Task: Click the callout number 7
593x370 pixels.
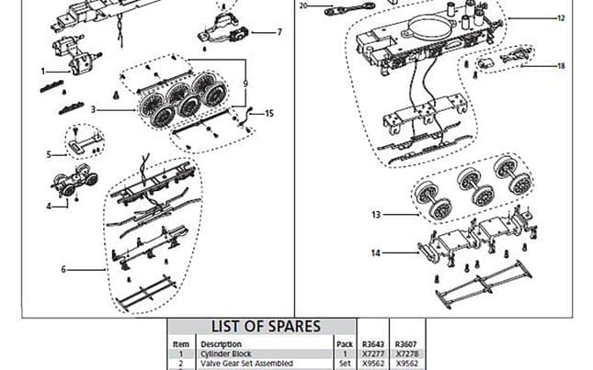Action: point(279,32)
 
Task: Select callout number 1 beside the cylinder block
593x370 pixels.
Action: point(42,71)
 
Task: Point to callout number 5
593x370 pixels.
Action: point(50,154)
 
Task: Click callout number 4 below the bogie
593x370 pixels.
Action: point(50,206)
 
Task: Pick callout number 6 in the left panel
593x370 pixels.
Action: point(63,270)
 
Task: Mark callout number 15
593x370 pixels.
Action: point(268,113)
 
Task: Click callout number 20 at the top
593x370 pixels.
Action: point(303,6)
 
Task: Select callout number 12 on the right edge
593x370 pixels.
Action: point(561,18)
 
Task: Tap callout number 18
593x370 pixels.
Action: point(561,66)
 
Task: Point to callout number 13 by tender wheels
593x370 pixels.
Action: point(377,216)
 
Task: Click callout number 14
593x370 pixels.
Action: point(377,252)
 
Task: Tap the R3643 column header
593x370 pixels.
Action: point(373,345)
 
